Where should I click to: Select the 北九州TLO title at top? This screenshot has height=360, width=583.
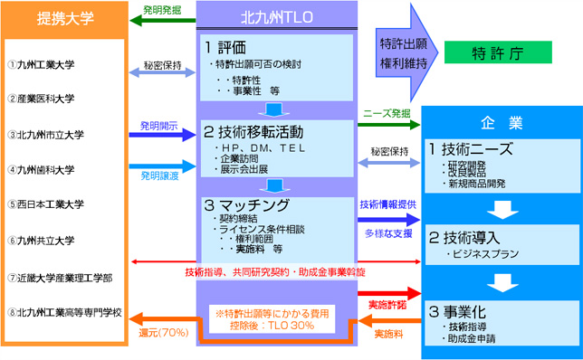[277, 17]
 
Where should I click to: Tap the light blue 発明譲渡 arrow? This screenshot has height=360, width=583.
[163, 167]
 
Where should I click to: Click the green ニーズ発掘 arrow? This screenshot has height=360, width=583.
[387, 125]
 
